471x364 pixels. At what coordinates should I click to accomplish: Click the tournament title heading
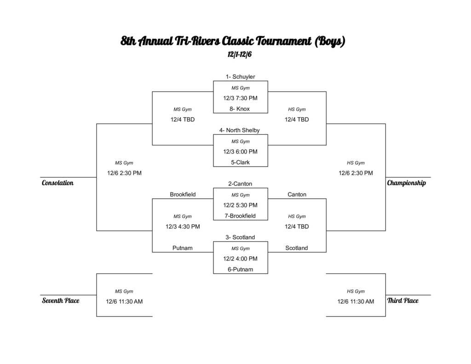[x=233, y=41]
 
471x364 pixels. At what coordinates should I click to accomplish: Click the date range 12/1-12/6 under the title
[x=240, y=54]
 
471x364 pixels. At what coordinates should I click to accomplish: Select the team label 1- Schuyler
[x=240, y=77]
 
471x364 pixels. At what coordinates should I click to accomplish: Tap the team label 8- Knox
[x=240, y=109]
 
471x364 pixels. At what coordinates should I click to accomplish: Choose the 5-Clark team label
[x=240, y=162]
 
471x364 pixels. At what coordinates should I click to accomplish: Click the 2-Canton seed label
[x=240, y=184]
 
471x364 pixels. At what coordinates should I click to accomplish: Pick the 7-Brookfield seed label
[x=240, y=216]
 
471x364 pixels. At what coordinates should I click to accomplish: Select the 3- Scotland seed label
[x=240, y=237]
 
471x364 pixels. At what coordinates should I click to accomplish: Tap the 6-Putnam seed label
[x=240, y=269]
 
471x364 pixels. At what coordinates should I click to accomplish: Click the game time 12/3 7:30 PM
[x=240, y=98]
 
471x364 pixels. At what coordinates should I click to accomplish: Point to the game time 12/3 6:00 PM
[x=240, y=151]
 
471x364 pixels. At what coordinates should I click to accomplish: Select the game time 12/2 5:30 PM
[x=240, y=205]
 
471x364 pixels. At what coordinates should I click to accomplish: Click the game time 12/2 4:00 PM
[x=240, y=259]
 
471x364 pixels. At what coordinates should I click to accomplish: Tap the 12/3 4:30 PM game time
[x=183, y=226]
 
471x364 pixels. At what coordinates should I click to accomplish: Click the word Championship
[x=406, y=183]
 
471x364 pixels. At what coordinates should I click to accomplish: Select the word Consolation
[x=57, y=183]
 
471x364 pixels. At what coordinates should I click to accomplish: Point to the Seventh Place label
[x=61, y=301]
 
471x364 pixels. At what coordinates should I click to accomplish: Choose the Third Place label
[x=403, y=301]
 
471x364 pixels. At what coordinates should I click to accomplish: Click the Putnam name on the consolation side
[x=183, y=248]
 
